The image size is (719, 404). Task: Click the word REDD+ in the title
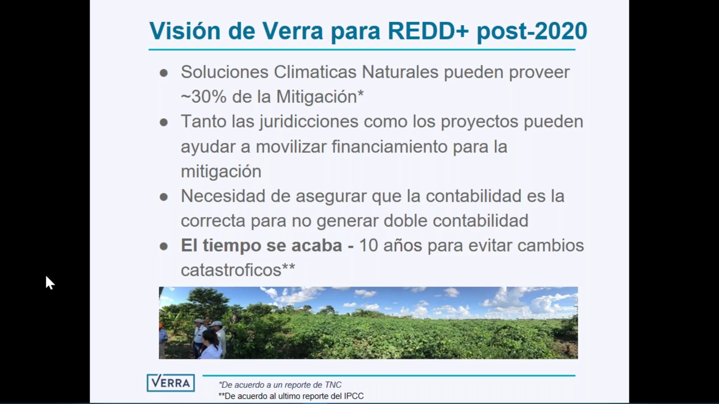coord(428,31)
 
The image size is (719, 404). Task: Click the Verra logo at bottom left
coord(170,383)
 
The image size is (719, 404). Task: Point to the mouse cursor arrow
coord(50,283)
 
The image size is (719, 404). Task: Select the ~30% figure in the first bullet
coord(204,97)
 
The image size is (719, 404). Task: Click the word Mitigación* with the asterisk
coord(320,97)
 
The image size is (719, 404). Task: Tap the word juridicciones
coord(309,122)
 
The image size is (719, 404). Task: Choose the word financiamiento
coord(389,147)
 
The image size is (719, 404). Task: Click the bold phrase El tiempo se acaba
coord(261,245)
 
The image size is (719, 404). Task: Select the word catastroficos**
coord(238,270)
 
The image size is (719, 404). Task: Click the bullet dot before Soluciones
coord(164,73)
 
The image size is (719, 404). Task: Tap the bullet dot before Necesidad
coord(164,197)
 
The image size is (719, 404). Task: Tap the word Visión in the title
coord(185,31)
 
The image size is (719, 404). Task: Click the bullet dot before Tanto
coord(164,122)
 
